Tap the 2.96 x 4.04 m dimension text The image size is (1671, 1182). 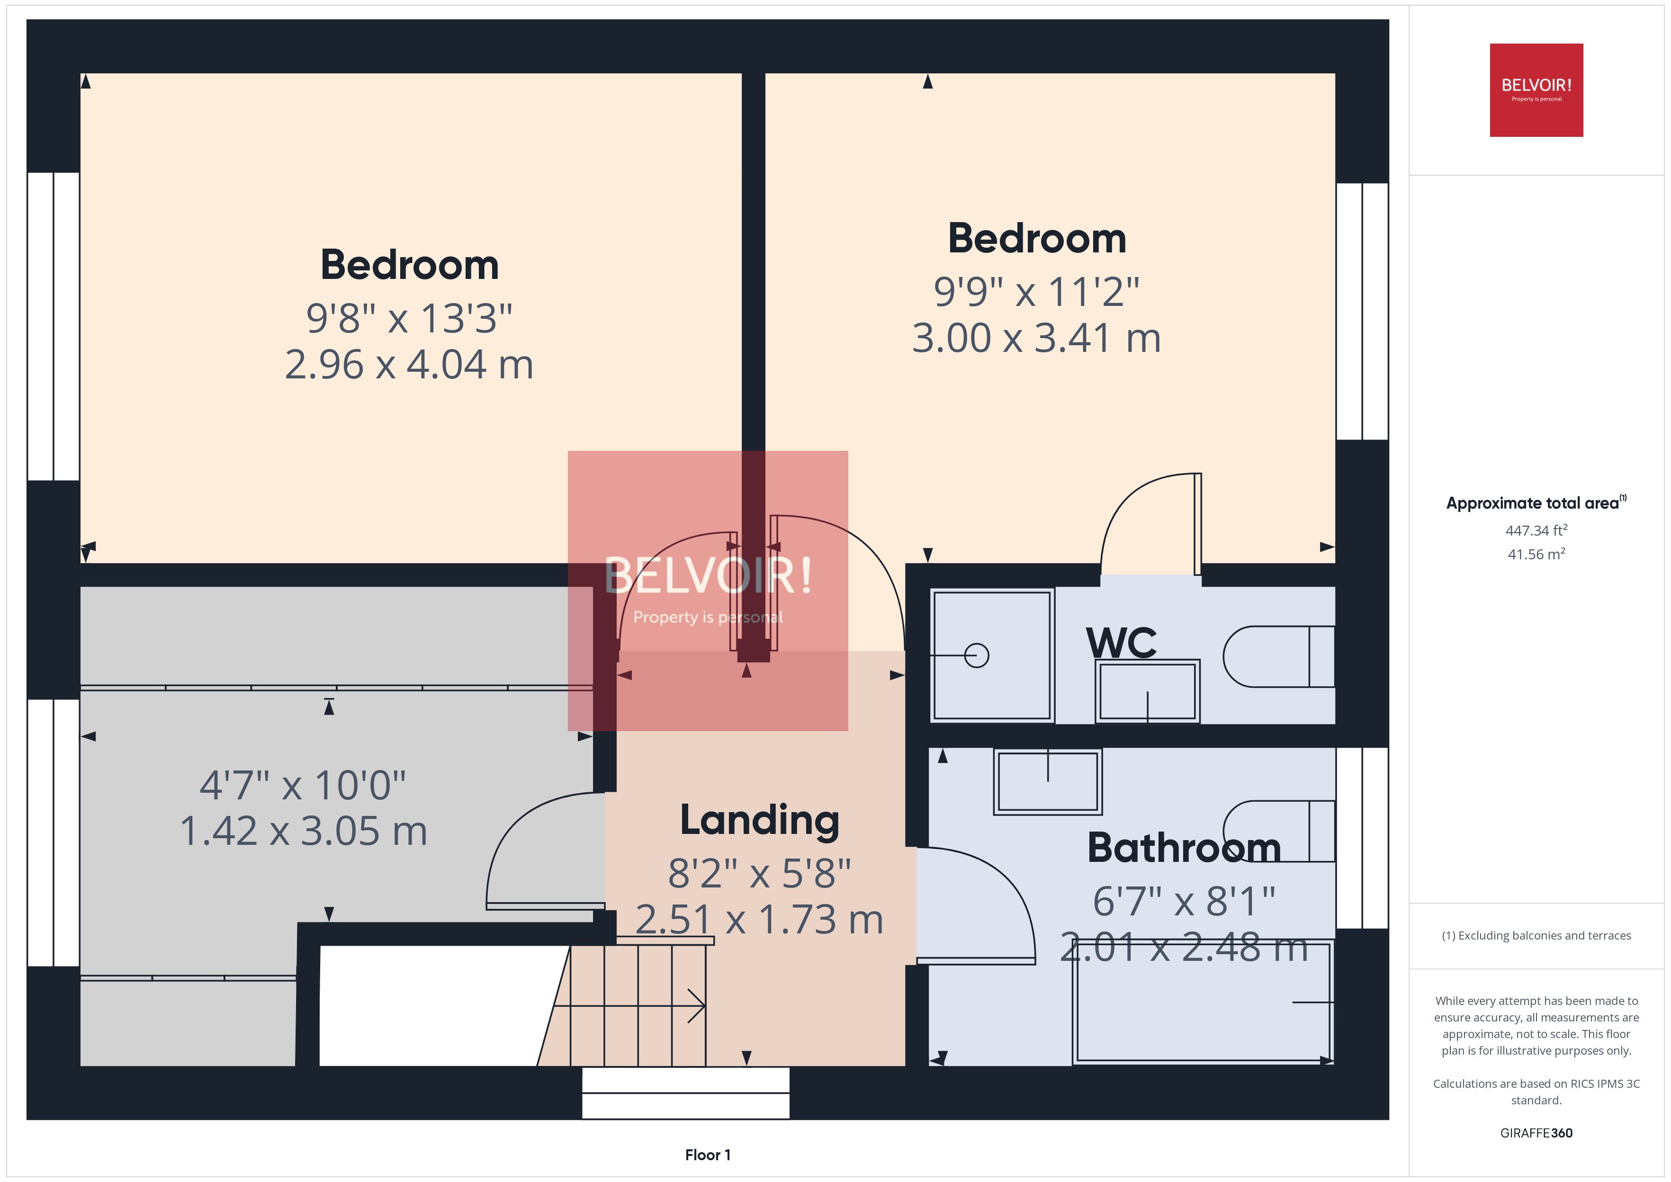409,365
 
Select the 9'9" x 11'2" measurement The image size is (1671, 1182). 1036,292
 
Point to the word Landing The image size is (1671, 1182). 759,820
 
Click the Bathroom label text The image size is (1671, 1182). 1183,848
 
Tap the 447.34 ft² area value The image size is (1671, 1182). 1536,530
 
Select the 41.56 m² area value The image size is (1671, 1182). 1536,555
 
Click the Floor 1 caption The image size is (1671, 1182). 708,1155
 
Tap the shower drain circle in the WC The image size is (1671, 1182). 976,656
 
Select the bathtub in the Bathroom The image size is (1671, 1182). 1202,1002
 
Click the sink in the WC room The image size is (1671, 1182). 1147,691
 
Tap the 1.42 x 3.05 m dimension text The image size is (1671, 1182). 304,831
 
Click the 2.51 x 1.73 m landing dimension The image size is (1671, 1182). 759,920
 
